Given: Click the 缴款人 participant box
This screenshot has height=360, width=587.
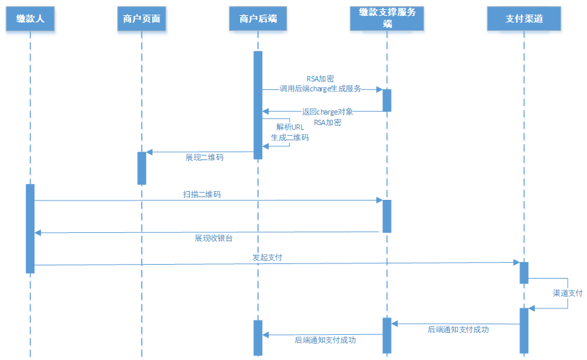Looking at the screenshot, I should point(30,19).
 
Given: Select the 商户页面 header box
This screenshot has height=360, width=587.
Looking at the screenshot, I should point(142,19).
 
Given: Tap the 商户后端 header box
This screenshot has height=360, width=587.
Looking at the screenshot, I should point(257,19).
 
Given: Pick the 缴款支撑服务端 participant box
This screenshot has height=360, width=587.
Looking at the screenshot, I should point(387,18).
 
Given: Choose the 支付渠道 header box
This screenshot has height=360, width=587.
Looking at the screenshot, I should point(523,19).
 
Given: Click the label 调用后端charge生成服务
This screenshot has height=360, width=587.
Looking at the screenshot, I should point(320,89).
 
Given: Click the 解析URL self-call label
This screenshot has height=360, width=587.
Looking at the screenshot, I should point(289,126).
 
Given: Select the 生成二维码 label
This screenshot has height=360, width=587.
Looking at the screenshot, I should point(289,138).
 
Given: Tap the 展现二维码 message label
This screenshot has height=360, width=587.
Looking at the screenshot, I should point(204,158).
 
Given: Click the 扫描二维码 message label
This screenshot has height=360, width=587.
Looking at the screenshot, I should point(202,195).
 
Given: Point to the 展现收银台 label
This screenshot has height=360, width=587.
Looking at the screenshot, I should point(213,238).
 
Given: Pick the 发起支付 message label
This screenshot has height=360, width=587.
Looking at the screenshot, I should point(267,257).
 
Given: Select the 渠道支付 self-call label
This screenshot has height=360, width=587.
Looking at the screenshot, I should point(567,292).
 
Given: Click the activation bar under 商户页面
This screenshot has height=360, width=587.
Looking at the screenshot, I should point(142,168).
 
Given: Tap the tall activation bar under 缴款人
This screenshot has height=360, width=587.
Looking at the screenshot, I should point(30,228).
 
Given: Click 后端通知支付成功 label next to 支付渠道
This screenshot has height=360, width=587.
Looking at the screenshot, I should point(458,329).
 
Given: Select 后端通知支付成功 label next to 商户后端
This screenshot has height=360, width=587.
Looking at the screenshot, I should point(325,340).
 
